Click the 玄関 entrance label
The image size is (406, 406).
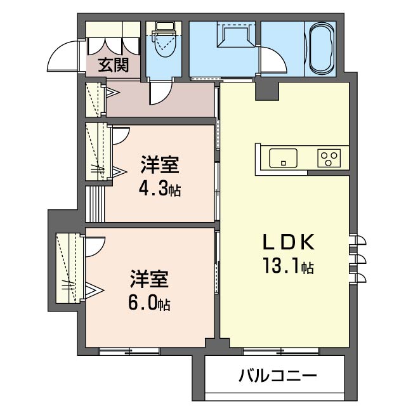click(114, 65)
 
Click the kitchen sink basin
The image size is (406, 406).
click(284, 157)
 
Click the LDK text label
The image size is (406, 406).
click(286, 244)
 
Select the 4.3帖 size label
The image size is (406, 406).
click(160, 189)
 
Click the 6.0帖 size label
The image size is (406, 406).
click(148, 303)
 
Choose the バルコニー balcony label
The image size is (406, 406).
click(277, 377)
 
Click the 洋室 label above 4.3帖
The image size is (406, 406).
click(159, 166)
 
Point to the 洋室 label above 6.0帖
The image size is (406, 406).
click(150, 279)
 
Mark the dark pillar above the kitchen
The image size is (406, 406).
click(262, 91)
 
